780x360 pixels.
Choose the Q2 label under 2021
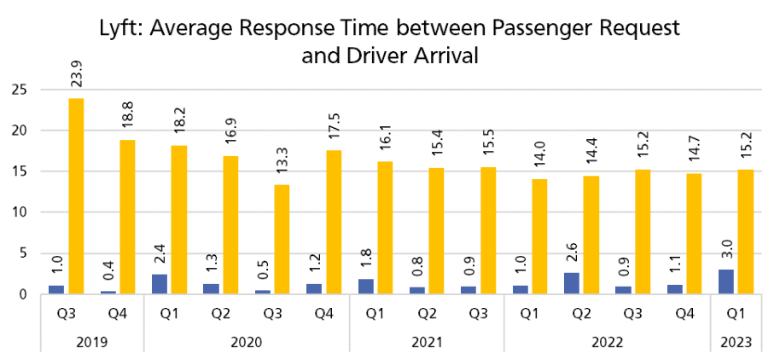pos(426,314)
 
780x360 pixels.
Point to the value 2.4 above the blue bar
pos(159,253)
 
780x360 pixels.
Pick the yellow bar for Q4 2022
pos(694,234)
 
